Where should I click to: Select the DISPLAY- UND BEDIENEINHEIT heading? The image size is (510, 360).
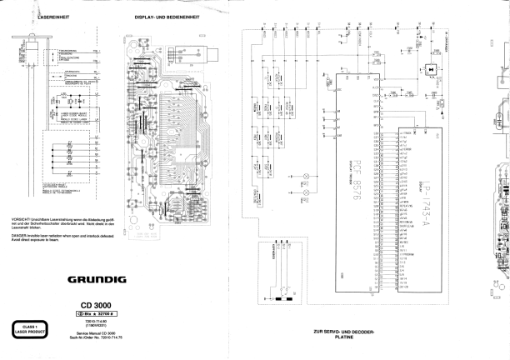pos(169,16)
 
